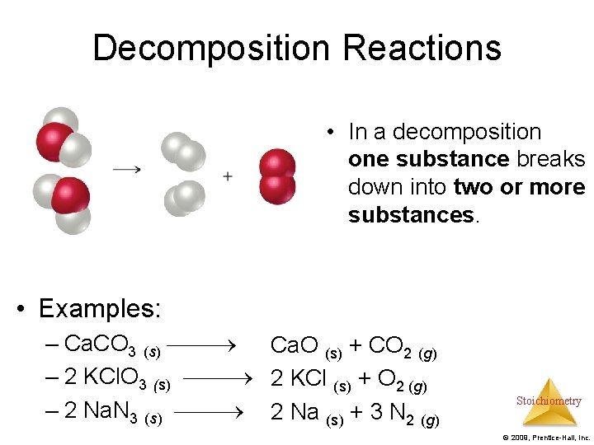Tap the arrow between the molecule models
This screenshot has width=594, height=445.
126,170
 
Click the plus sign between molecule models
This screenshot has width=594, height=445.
227,176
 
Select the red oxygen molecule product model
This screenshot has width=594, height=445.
277,176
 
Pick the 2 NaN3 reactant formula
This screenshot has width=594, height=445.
101,410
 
